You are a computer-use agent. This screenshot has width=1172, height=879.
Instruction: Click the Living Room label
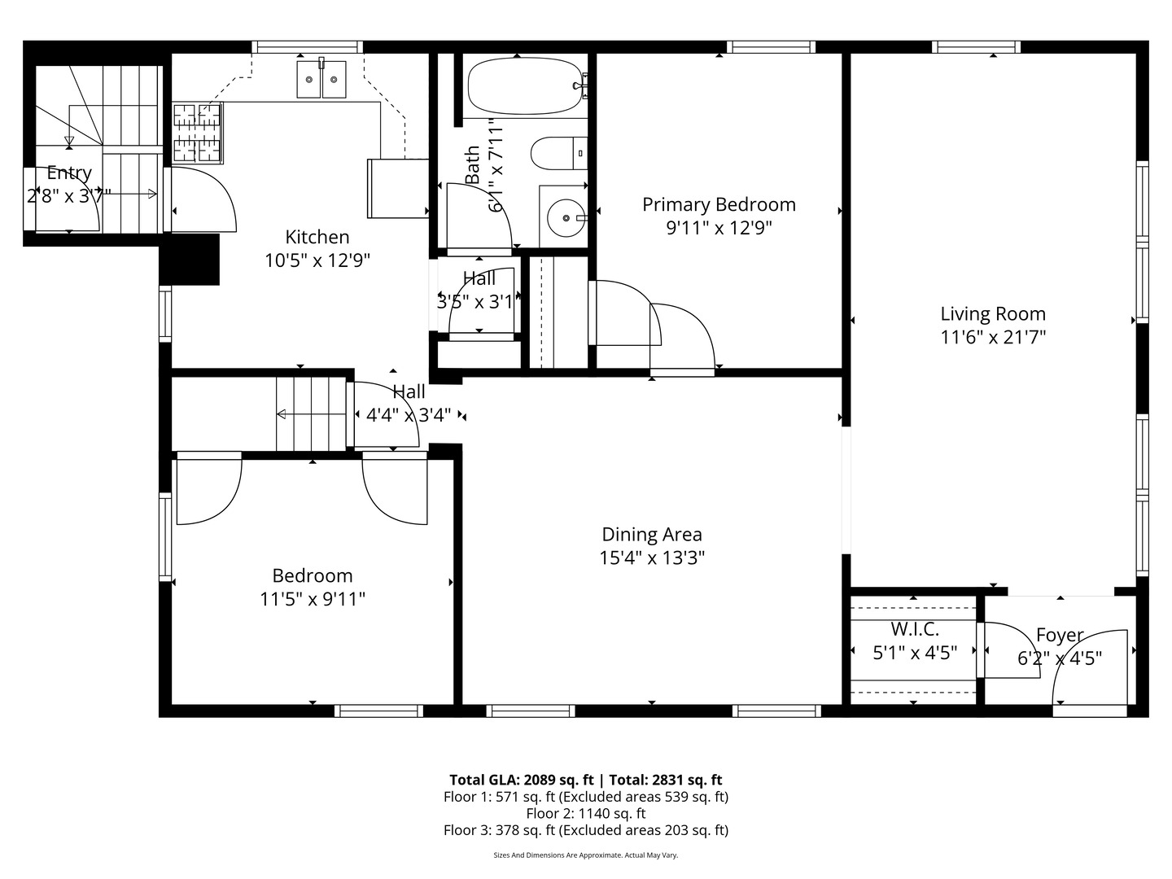(993, 313)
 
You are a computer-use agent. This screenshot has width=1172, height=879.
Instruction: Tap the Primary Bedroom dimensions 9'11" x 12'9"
(719, 228)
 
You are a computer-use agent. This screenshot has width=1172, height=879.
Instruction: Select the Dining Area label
(651, 534)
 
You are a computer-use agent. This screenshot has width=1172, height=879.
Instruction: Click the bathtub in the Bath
(525, 85)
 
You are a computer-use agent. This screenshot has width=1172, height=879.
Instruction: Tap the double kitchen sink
(321, 80)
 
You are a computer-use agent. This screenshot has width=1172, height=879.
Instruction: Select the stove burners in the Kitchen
(197, 132)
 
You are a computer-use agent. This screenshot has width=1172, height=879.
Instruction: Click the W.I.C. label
(914, 629)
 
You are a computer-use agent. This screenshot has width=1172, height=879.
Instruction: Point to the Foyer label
(1060, 635)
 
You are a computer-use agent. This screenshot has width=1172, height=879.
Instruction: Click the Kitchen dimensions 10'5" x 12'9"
(317, 260)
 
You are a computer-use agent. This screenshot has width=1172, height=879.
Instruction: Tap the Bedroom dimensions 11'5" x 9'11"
(312, 599)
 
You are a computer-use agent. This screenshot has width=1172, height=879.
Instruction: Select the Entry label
(69, 173)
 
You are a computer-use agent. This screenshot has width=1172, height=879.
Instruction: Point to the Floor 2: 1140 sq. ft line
(585, 813)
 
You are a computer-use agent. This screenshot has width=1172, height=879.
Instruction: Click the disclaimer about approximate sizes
(585, 855)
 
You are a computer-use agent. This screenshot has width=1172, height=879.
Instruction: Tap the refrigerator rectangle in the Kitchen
(398, 188)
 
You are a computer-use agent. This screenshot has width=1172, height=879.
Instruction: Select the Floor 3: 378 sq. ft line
(585, 830)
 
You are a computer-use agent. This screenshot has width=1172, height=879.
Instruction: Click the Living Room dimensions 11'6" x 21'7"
(993, 337)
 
